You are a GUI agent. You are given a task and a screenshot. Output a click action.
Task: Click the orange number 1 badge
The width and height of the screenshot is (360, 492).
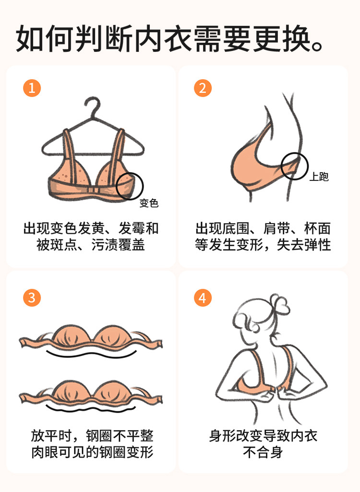pos(32,88)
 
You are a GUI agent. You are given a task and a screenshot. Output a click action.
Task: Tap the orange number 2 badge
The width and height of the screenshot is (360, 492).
pos(203,88)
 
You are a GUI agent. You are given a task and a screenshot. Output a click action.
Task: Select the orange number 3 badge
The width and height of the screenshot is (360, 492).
pos(32,298)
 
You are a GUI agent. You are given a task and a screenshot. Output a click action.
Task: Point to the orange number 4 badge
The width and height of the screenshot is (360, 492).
pos(203,298)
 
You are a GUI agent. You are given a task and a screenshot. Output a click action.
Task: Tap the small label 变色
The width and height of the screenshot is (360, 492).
pos(149,203)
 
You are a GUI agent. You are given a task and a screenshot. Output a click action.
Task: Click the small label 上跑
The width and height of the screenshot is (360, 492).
pos(319,177)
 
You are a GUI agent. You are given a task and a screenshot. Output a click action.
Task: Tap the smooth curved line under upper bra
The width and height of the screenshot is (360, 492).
pos(91,355)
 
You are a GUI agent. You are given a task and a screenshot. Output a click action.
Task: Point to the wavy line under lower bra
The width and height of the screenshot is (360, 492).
pos(91,409)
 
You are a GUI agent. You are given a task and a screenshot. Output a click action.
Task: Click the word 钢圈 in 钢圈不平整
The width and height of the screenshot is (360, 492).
pos(99,436)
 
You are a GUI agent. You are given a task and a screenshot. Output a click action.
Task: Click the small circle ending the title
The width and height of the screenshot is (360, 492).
pos(318,46)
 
